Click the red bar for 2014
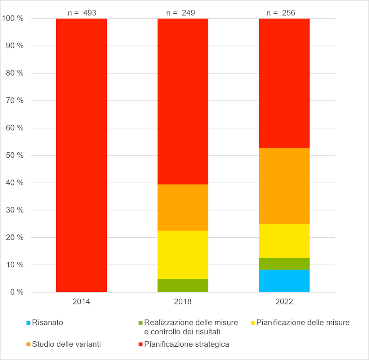81,155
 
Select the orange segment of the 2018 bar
183,207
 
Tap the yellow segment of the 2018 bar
183,255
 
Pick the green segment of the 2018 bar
183,285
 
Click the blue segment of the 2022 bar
284,281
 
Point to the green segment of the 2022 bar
284,264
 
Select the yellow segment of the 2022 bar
284,241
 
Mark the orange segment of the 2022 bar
284,186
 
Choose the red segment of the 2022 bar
284,83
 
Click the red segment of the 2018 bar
183,101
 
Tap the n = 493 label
82,13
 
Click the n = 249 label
181,13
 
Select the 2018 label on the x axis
183,302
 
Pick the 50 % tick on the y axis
13,155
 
